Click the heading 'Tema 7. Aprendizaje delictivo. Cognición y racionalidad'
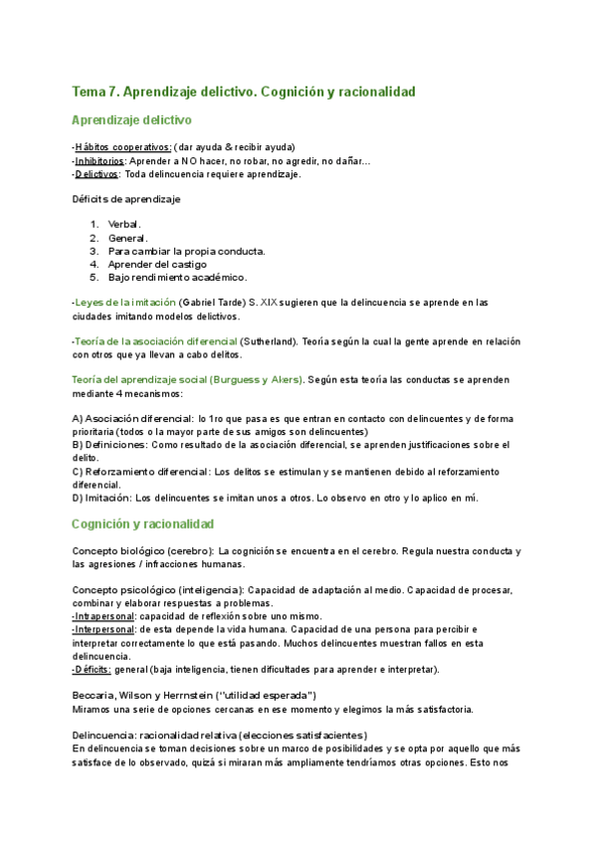[244, 92]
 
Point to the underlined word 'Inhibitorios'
[99, 160]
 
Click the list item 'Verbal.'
[125, 225]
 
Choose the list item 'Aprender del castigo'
[157, 264]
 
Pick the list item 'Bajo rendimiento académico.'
[177, 277]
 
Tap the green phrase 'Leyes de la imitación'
[124, 303]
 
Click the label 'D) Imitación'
[101, 497]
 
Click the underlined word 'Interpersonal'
[105, 629]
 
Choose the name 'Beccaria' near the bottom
[97, 695]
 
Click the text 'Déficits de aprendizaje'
[126, 199]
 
